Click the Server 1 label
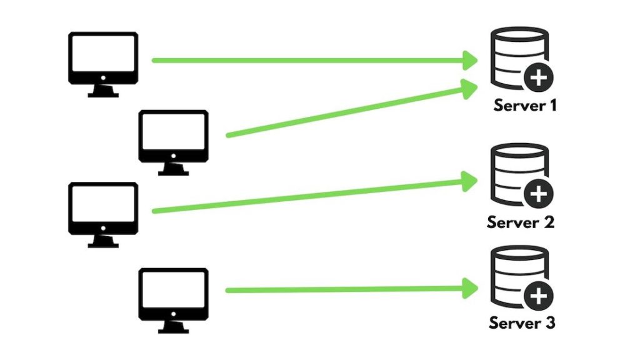(x=524, y=105)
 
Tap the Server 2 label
(x=521, y=222)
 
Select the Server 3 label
(x=522, y=323)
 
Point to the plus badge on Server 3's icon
(x=537, y=297)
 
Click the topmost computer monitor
(x=102, y=57)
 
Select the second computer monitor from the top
(x=173, y=135)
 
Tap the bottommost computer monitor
(x=173, y=293)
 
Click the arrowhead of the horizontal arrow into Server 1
(x=469, y=60)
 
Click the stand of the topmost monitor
(x=102, y=91)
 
